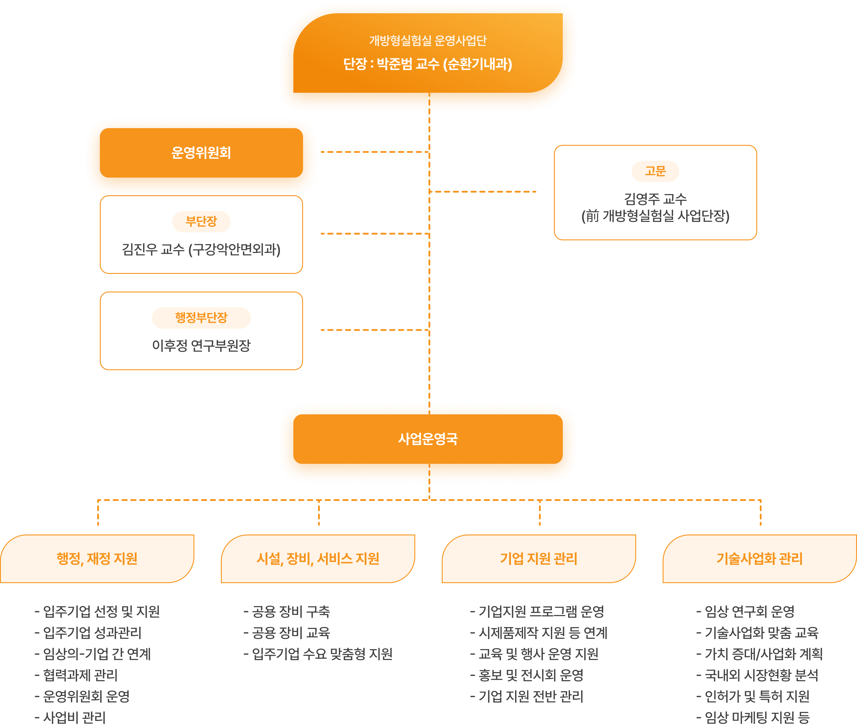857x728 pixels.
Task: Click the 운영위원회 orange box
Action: pyautogui.click(x=201, y=153)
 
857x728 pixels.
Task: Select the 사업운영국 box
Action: pyautogui.click(x=428, y=439)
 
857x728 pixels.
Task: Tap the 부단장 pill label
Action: pyautogui.click(x=201, y=222)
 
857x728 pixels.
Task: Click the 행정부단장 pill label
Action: pyautogui.click(x=201, y=318)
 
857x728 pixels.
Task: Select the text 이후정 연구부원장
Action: pyautogui.click(x=201, y=345)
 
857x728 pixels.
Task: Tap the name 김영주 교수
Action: pyautogui.click(x=655, y=199)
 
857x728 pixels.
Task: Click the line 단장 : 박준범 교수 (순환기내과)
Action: pyautogui.click(x=428, y=64)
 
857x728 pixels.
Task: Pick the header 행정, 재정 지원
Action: pyautogui.click(x=97, y=559)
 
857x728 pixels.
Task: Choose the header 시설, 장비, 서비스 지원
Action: pyautogui.click(x=318, y=559)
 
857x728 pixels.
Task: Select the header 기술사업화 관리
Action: pyautogui.click(x=760, y=559)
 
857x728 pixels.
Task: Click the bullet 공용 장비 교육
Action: pyautogui.click(x=287, y=633)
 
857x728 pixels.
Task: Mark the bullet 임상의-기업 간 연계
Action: pyautogui.click(x=93, y=654)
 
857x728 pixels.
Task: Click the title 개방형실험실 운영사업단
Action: pyautogui.click(x=428, y=40)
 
